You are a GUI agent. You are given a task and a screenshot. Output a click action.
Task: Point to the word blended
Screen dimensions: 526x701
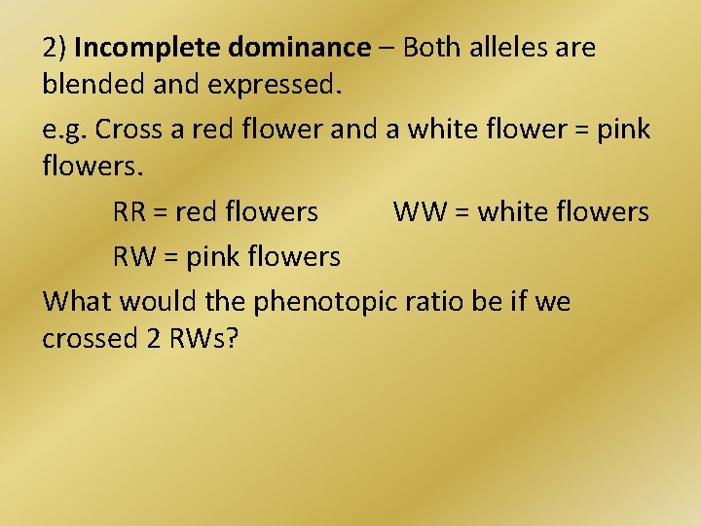[x=89, y=85]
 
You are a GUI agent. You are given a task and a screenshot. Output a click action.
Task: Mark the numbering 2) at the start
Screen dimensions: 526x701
[x=55, y=48]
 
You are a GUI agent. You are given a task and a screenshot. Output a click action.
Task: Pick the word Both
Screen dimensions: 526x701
[x=432, y=48]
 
